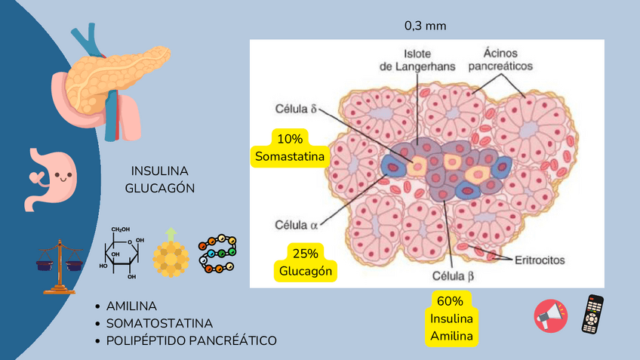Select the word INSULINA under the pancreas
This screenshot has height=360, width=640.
pyautogui.click(x=159, y=171)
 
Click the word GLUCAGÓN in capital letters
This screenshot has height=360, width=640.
pyautogui.click(x=159, y=187)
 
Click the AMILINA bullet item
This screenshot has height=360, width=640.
pyautogui.click(x=131, y=306)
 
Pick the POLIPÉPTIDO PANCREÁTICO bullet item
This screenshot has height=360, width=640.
pyautogui.click(x=192, y=340)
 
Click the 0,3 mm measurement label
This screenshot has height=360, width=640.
pyautogui.click(x=425, y=26)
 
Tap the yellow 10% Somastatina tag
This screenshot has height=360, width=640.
pyautogui.click(x=290, y=148)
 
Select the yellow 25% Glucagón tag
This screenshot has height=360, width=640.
pyautogui.click(x=306, y=262)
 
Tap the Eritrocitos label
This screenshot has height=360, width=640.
pyautogui.click(x=539, y=259)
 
